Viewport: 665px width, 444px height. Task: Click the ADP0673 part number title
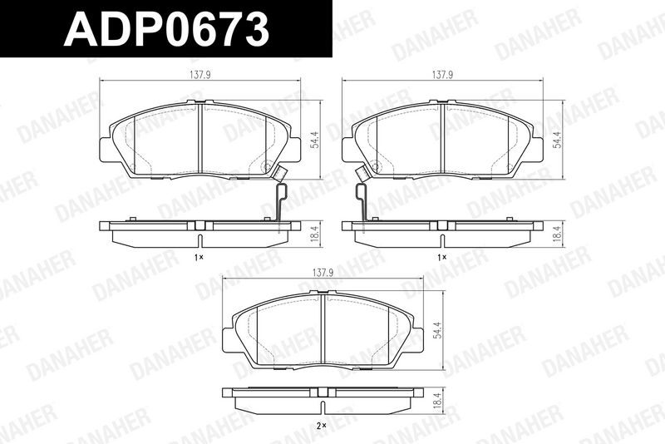(x=167, y=28)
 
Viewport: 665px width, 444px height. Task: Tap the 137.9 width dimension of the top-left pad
(x=200, y=75)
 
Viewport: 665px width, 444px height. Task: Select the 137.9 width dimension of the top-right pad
(x=443, y=75)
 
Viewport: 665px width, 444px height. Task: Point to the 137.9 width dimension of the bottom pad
(x=323, y=274)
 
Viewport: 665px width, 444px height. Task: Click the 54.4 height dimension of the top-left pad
(x=314, y=140)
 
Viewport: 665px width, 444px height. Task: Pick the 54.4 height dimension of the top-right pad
(x=556, y=140)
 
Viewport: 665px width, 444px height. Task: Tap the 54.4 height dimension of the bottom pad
(x=438, y=330)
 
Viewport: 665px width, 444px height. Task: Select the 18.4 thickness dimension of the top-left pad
(x=314, y=234)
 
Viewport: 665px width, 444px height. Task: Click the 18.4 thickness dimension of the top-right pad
(x=556, y=234)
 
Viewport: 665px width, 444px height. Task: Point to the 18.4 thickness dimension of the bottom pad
(x=438, y=399)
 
